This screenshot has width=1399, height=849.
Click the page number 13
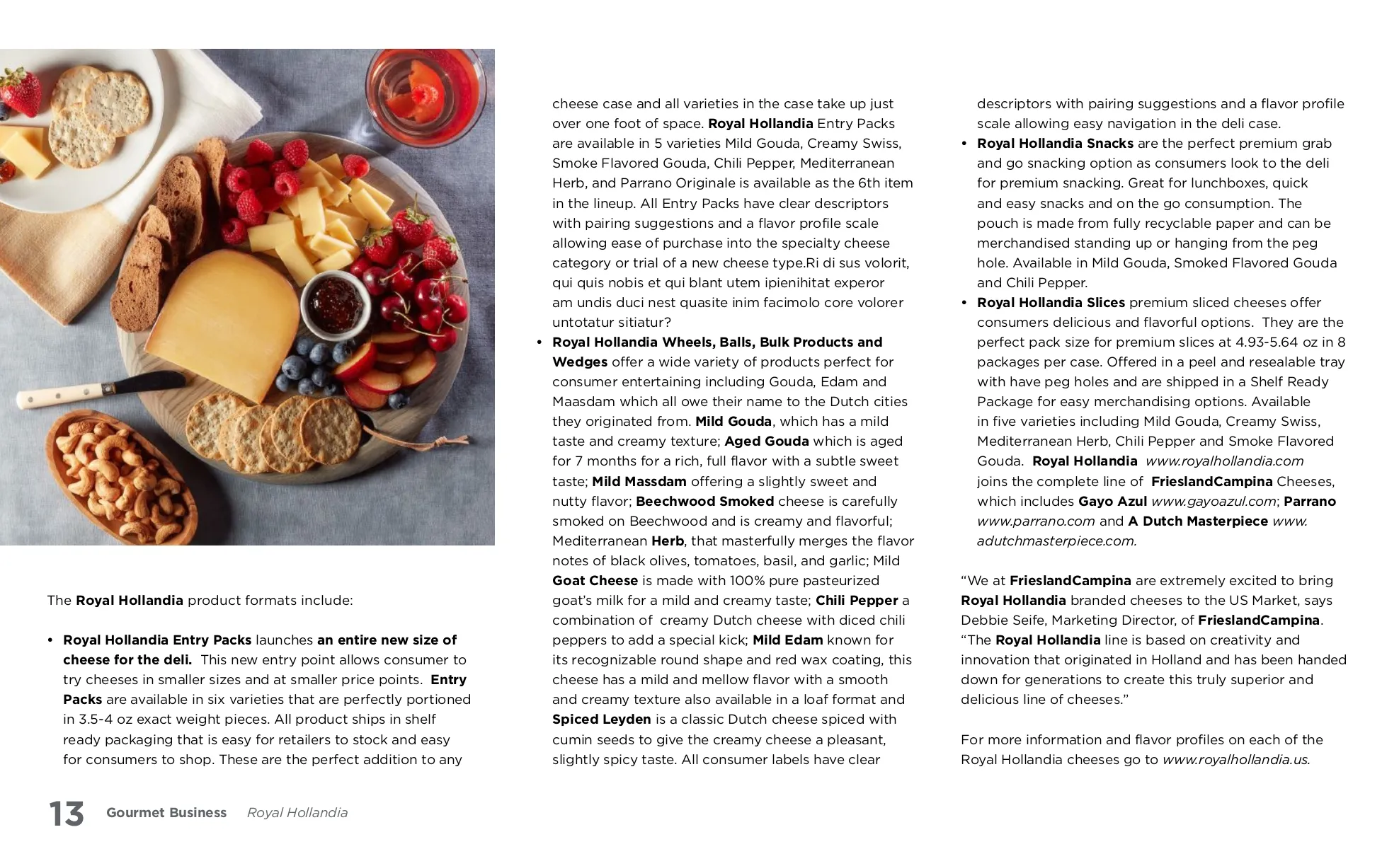point(67,814)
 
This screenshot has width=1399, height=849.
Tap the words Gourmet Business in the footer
point(166,813)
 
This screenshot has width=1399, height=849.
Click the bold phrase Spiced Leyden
point(601,720)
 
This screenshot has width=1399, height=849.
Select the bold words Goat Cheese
point(595,581)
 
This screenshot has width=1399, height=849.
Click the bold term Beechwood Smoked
point(704,502)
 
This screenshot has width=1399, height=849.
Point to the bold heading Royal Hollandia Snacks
point(1055,144)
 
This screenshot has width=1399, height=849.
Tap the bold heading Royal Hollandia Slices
point(1051,303)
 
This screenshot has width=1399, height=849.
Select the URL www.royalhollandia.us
point(1236,760)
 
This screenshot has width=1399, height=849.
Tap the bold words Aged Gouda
point(766,441)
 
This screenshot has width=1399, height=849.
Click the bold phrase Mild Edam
point(787,640)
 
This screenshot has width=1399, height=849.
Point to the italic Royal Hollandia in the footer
point(297,813)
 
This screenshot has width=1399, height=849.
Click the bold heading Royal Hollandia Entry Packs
point(157,640)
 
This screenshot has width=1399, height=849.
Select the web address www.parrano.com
point(1036,521)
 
